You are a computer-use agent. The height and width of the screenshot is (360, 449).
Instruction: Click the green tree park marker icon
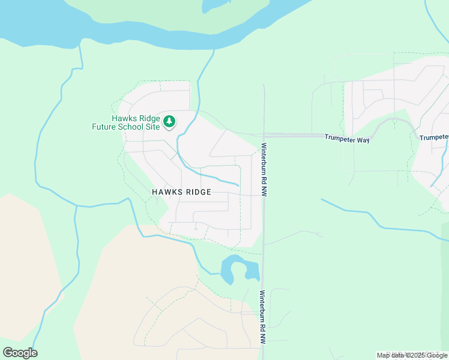[x=170, y=122]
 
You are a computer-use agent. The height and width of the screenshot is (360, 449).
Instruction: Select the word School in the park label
[x=133, y=127]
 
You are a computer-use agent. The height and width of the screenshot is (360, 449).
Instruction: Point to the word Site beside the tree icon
[x=153, y=127]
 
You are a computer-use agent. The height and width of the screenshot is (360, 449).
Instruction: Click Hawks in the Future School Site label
[x=123, y=118]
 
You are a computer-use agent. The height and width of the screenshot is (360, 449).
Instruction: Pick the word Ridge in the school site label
[x=148, y=118]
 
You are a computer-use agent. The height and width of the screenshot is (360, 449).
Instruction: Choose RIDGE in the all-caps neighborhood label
[x=197, y=192]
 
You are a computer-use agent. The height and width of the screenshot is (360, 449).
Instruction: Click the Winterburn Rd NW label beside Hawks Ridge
[x=264, y=169]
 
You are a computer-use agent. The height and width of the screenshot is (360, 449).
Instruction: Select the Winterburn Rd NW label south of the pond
[x=262, y=317]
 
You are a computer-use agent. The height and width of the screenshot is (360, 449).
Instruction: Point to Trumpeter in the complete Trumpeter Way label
[x=342, y=137]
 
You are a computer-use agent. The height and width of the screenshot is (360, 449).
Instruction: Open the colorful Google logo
[x=20, y=352]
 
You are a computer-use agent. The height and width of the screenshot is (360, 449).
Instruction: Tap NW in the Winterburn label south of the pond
[x=262, y=338]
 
